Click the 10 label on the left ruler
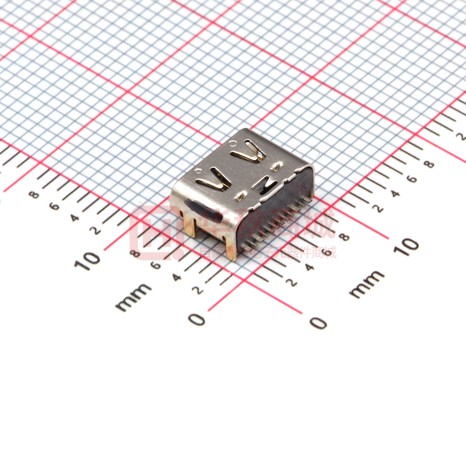point(87,260)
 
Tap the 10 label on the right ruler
point(409,246)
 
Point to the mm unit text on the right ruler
point(367,283)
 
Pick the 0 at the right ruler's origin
point(318,323)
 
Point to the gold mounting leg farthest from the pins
point(190,225)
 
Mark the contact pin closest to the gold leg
point(247,248)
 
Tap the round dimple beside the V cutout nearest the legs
point(198,169)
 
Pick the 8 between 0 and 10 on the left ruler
point(136,254)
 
